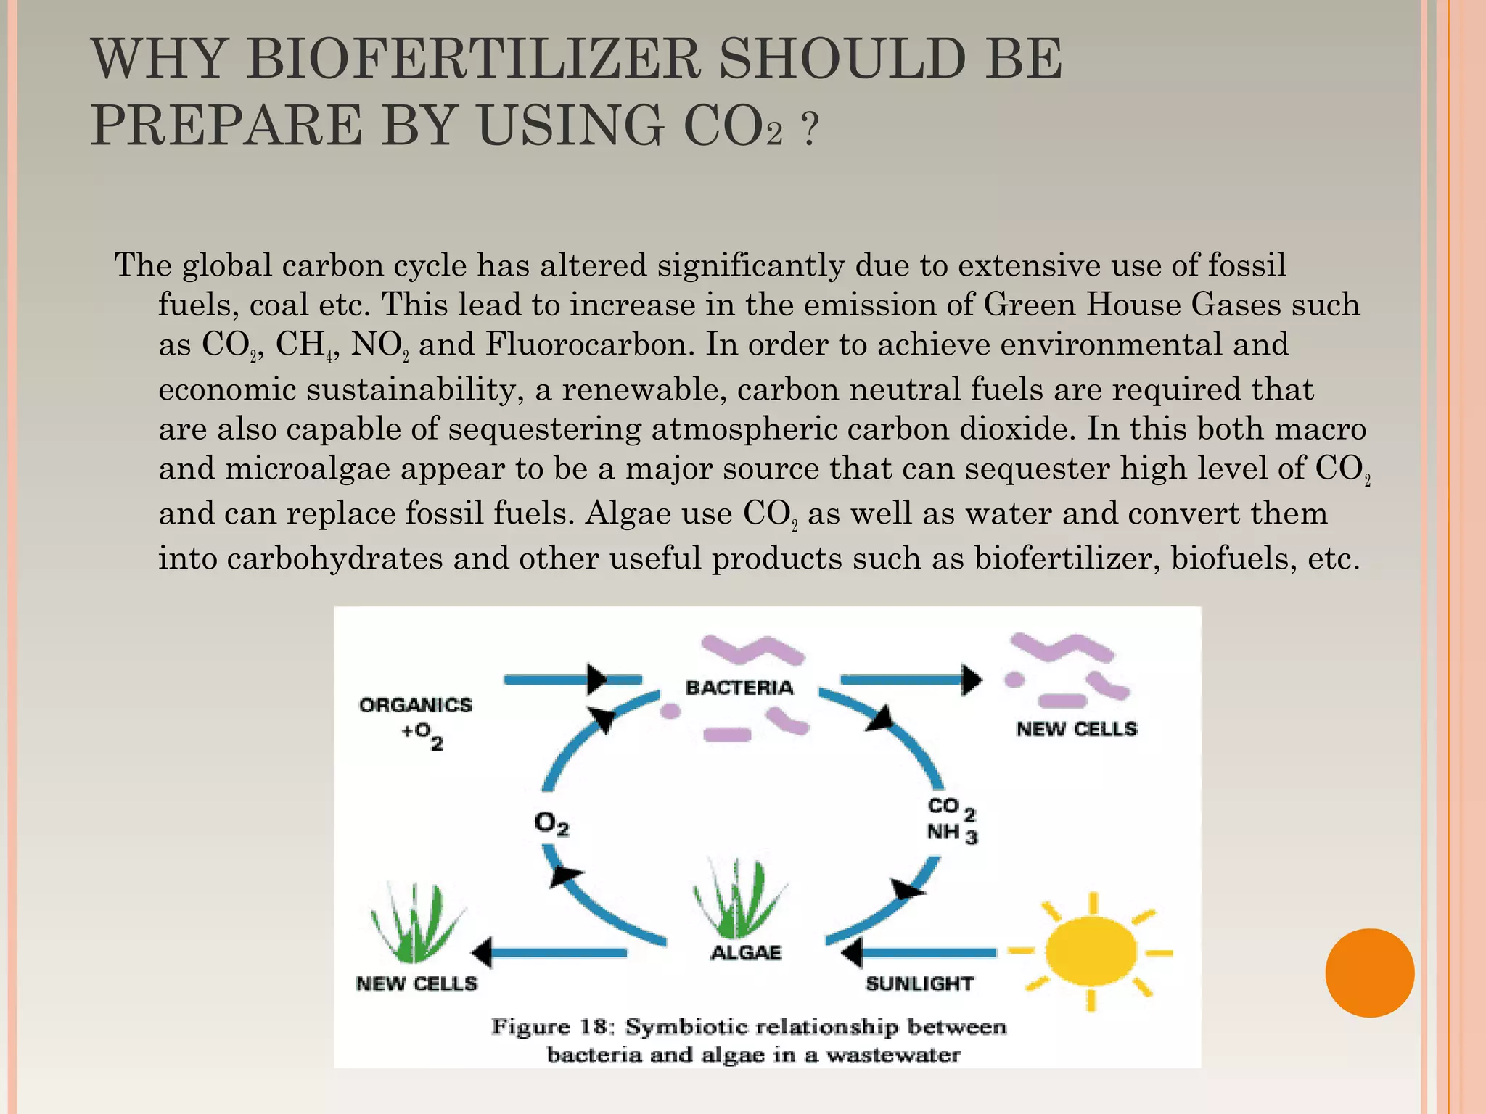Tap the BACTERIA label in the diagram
(739, 688)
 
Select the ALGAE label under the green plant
(746, 952)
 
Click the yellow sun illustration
(1091, 952)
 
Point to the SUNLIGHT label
(919, 984)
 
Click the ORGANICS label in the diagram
(416, 705)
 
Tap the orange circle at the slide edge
(1369, 973)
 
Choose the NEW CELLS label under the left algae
(416, 984)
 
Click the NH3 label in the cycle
(951, 833)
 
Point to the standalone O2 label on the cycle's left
(551, 824)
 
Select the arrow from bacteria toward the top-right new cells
(911, 680)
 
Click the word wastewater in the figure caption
(893, 1055)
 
